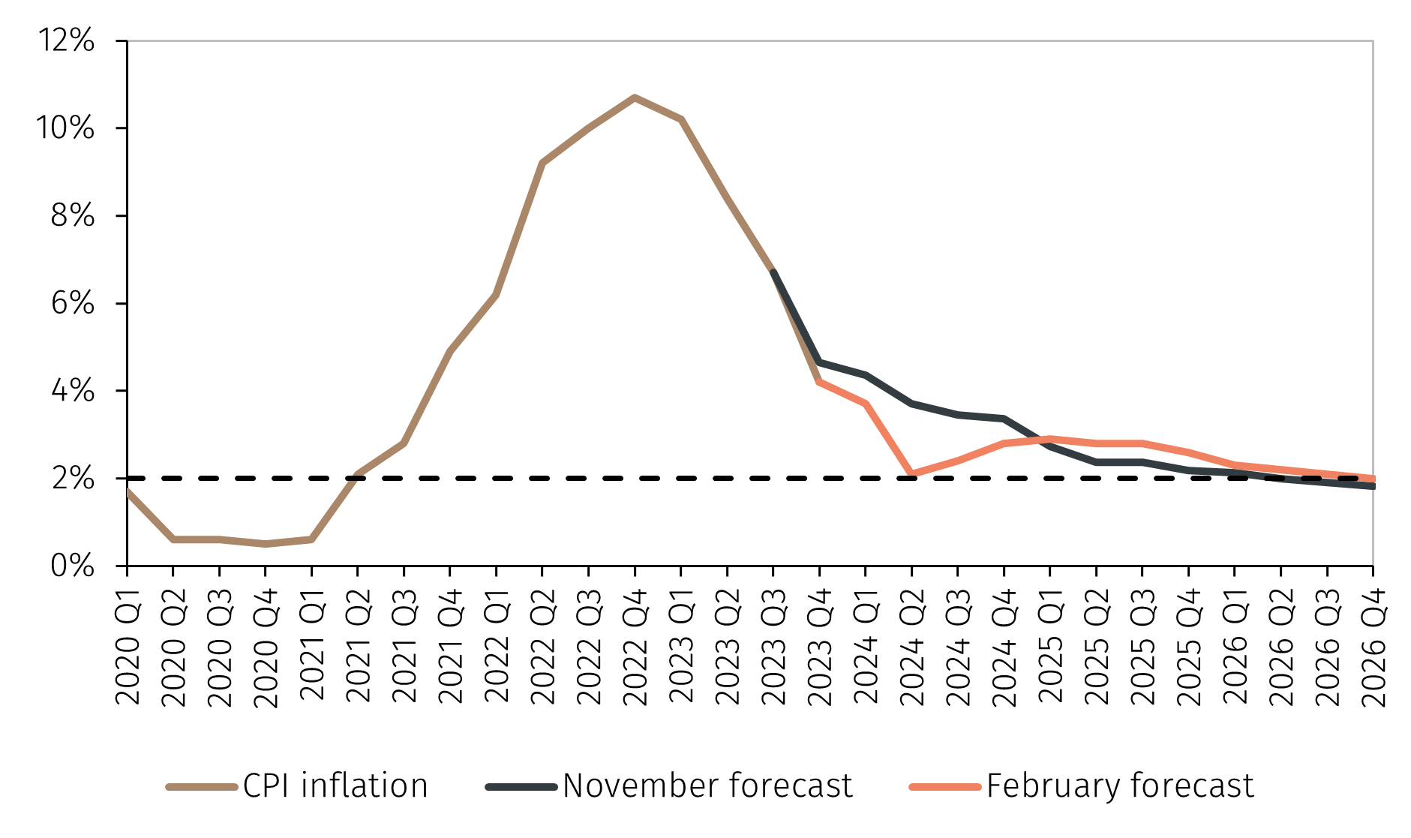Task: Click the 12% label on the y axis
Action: tap(66, 41)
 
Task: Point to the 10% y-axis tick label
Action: tap(66, 128)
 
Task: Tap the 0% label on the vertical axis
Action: tap(73, 566)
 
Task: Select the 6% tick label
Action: tap(73, 303)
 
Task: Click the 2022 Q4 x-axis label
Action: tap(635, 647)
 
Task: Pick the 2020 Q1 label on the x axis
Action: tap(128, 647)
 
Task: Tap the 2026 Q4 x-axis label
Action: tap(1373, 647)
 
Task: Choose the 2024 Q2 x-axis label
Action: tap(912, 647)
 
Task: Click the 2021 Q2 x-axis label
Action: tap(359, 647)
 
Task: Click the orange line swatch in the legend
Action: tap(944, 787)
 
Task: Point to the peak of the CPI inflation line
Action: tap(635, 97)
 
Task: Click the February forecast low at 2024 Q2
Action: tap(912, 474)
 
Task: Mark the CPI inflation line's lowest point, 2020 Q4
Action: tap(266, 544)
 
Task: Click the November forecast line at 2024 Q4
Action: tap(1004, 418)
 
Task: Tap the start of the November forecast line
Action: tap(773, 272)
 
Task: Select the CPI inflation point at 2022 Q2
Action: tap(542, 163)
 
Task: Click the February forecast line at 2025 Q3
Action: tap(1142, 443)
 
